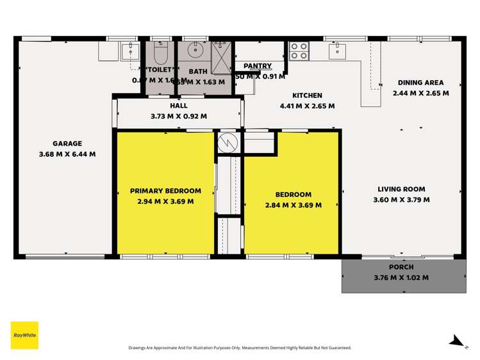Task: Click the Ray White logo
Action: coord(24,335)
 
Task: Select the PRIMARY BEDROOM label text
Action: coord(165,191)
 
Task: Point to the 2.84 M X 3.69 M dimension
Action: coord(293,205)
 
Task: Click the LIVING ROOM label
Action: coord(401,189)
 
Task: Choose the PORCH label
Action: coord(401,267)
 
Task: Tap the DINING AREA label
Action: coord(420,83)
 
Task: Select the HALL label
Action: coord(179,106)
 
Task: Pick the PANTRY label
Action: coord(258,66)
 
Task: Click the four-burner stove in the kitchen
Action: coord(299,51)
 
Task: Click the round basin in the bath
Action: coord(195,51)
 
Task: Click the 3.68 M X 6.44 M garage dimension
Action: coord(67,154)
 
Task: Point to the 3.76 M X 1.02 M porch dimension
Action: coord(401,277)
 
